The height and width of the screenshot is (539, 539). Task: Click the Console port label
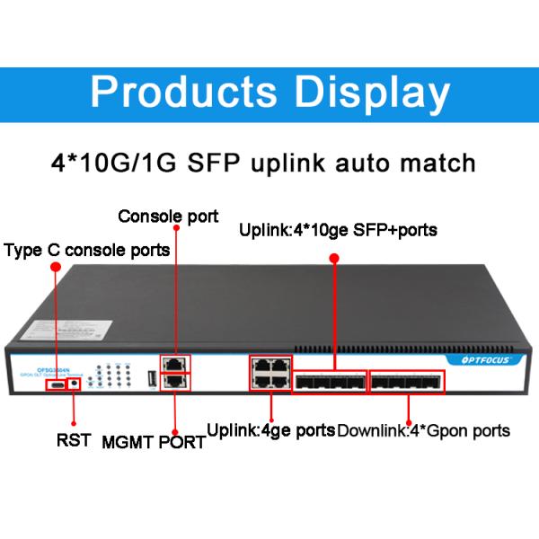(x=168, y=216)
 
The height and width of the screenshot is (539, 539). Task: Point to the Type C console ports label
(x=86, y=250)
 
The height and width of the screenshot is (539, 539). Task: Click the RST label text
(x=74, y=441)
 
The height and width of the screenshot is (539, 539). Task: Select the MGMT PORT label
(x=154, y=442)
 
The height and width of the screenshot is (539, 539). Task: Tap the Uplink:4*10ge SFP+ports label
(x=338, y=230)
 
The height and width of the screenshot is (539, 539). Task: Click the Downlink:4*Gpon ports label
(x=423, y=430)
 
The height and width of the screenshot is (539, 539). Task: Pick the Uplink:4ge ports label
(x=271, y=429)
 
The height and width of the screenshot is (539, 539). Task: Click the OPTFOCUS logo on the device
(x=481, y=359)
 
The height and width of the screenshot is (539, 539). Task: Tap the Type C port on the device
(x=57, y=384)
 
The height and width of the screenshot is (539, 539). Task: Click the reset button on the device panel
(x=73, y=384)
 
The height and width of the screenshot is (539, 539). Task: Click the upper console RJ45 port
(x=177, y=365)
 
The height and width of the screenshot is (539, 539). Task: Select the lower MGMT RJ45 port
(x=177, y=381)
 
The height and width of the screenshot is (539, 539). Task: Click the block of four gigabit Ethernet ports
(x=268, y=372)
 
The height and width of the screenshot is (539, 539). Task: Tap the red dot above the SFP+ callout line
(x=334, y=258)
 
